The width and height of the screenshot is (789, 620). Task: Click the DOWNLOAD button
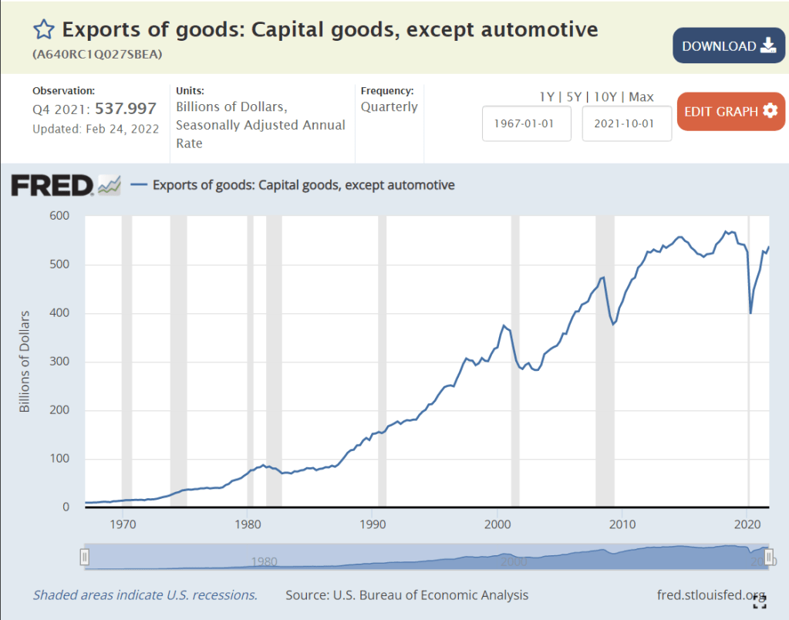(728, 45)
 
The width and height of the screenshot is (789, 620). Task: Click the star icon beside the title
(44, 30)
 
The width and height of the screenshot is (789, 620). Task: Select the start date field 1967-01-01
(526, 123)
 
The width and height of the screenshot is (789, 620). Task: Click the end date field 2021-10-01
(626, 123)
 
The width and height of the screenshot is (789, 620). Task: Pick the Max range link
(641, 96)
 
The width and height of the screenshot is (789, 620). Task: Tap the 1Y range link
(547, 96)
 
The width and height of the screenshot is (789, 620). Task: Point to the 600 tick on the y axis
(59, 216)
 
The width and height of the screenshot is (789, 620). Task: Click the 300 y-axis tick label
(59, 362)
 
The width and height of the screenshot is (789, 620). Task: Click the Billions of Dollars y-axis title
(25, 361)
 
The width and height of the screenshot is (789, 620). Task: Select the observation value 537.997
(126, 109)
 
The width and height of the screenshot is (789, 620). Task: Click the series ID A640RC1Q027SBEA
(97, 55)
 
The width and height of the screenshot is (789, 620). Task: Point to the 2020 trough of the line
(750, 313)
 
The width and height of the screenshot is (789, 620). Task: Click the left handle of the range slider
(86, 557)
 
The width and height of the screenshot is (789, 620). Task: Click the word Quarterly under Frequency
(389, 107)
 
